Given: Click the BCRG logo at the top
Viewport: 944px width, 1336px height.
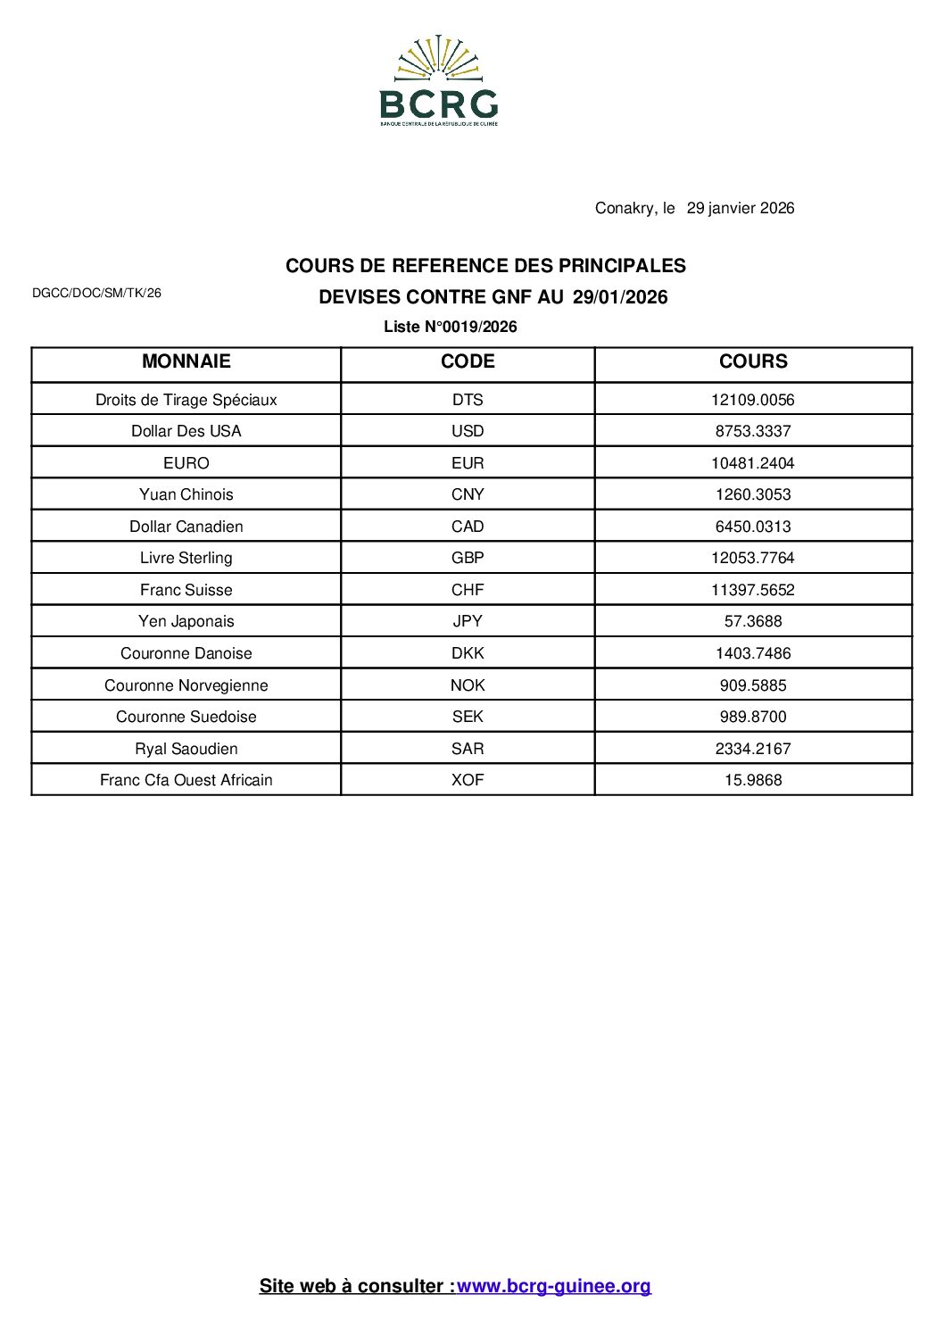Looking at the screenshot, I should click(438, 81).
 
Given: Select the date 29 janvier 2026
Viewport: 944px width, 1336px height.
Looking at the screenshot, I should click(740, 208).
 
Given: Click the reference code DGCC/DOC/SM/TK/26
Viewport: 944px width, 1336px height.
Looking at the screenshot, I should click(96, 293).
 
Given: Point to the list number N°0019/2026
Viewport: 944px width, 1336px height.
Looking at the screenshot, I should click(451, 327).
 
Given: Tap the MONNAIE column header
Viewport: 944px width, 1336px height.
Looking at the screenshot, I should click(186, 361).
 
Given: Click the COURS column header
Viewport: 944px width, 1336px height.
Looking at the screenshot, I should click(753, 361).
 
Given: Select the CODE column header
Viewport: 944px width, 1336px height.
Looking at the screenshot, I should click(468, 361).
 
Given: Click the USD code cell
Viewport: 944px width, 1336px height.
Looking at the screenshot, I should click(468, 431).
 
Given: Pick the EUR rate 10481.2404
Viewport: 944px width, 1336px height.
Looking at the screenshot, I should click(753, 463).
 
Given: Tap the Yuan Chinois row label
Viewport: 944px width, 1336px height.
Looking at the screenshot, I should click(186, 494).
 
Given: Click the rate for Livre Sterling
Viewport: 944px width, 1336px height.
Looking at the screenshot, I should click(753, 558).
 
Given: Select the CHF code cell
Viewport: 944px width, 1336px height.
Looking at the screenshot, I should click(468, 590).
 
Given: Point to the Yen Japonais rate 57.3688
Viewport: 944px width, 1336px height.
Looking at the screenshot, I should click(753, 621).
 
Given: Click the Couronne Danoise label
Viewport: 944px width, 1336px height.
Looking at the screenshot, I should click(186, 653).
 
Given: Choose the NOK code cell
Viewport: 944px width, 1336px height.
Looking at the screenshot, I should click(468, 685).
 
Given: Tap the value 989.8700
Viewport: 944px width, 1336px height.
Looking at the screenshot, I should click(753, 717).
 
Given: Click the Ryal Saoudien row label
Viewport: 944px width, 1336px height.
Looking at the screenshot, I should click(186, 749).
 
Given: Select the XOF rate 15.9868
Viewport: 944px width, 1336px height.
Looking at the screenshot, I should click(753, 780).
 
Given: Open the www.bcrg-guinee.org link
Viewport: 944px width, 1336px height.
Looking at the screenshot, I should click(554, 1286).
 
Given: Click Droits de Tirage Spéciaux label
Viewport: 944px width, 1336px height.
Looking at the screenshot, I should click(186, 400).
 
